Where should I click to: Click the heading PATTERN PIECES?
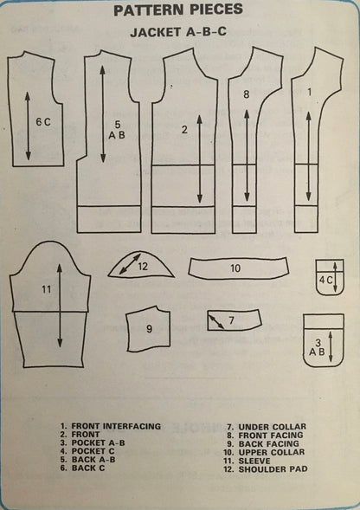[178, 10]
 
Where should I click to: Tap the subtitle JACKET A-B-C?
[178, 32]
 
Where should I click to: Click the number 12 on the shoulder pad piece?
[143, 267]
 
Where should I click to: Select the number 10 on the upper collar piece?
[235, 268]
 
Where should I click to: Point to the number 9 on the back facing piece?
[149, 329]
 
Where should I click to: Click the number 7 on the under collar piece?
[231, 320]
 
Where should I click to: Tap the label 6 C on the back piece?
[43, 122]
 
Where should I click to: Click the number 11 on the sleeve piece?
[47, 289]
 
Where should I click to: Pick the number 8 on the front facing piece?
[246, 94]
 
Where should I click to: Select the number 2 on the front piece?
[184, 130]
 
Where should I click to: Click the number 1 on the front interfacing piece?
[309, 93]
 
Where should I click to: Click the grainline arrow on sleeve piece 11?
[60, 306]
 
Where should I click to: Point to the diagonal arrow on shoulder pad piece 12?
[130, 264]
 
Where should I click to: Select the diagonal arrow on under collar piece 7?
[216, 322]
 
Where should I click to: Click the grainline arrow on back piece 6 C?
[28, 126]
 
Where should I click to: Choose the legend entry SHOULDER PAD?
[273, 469]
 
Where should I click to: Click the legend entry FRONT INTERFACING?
[116, 426]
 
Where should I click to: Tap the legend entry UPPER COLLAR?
[272, 453]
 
